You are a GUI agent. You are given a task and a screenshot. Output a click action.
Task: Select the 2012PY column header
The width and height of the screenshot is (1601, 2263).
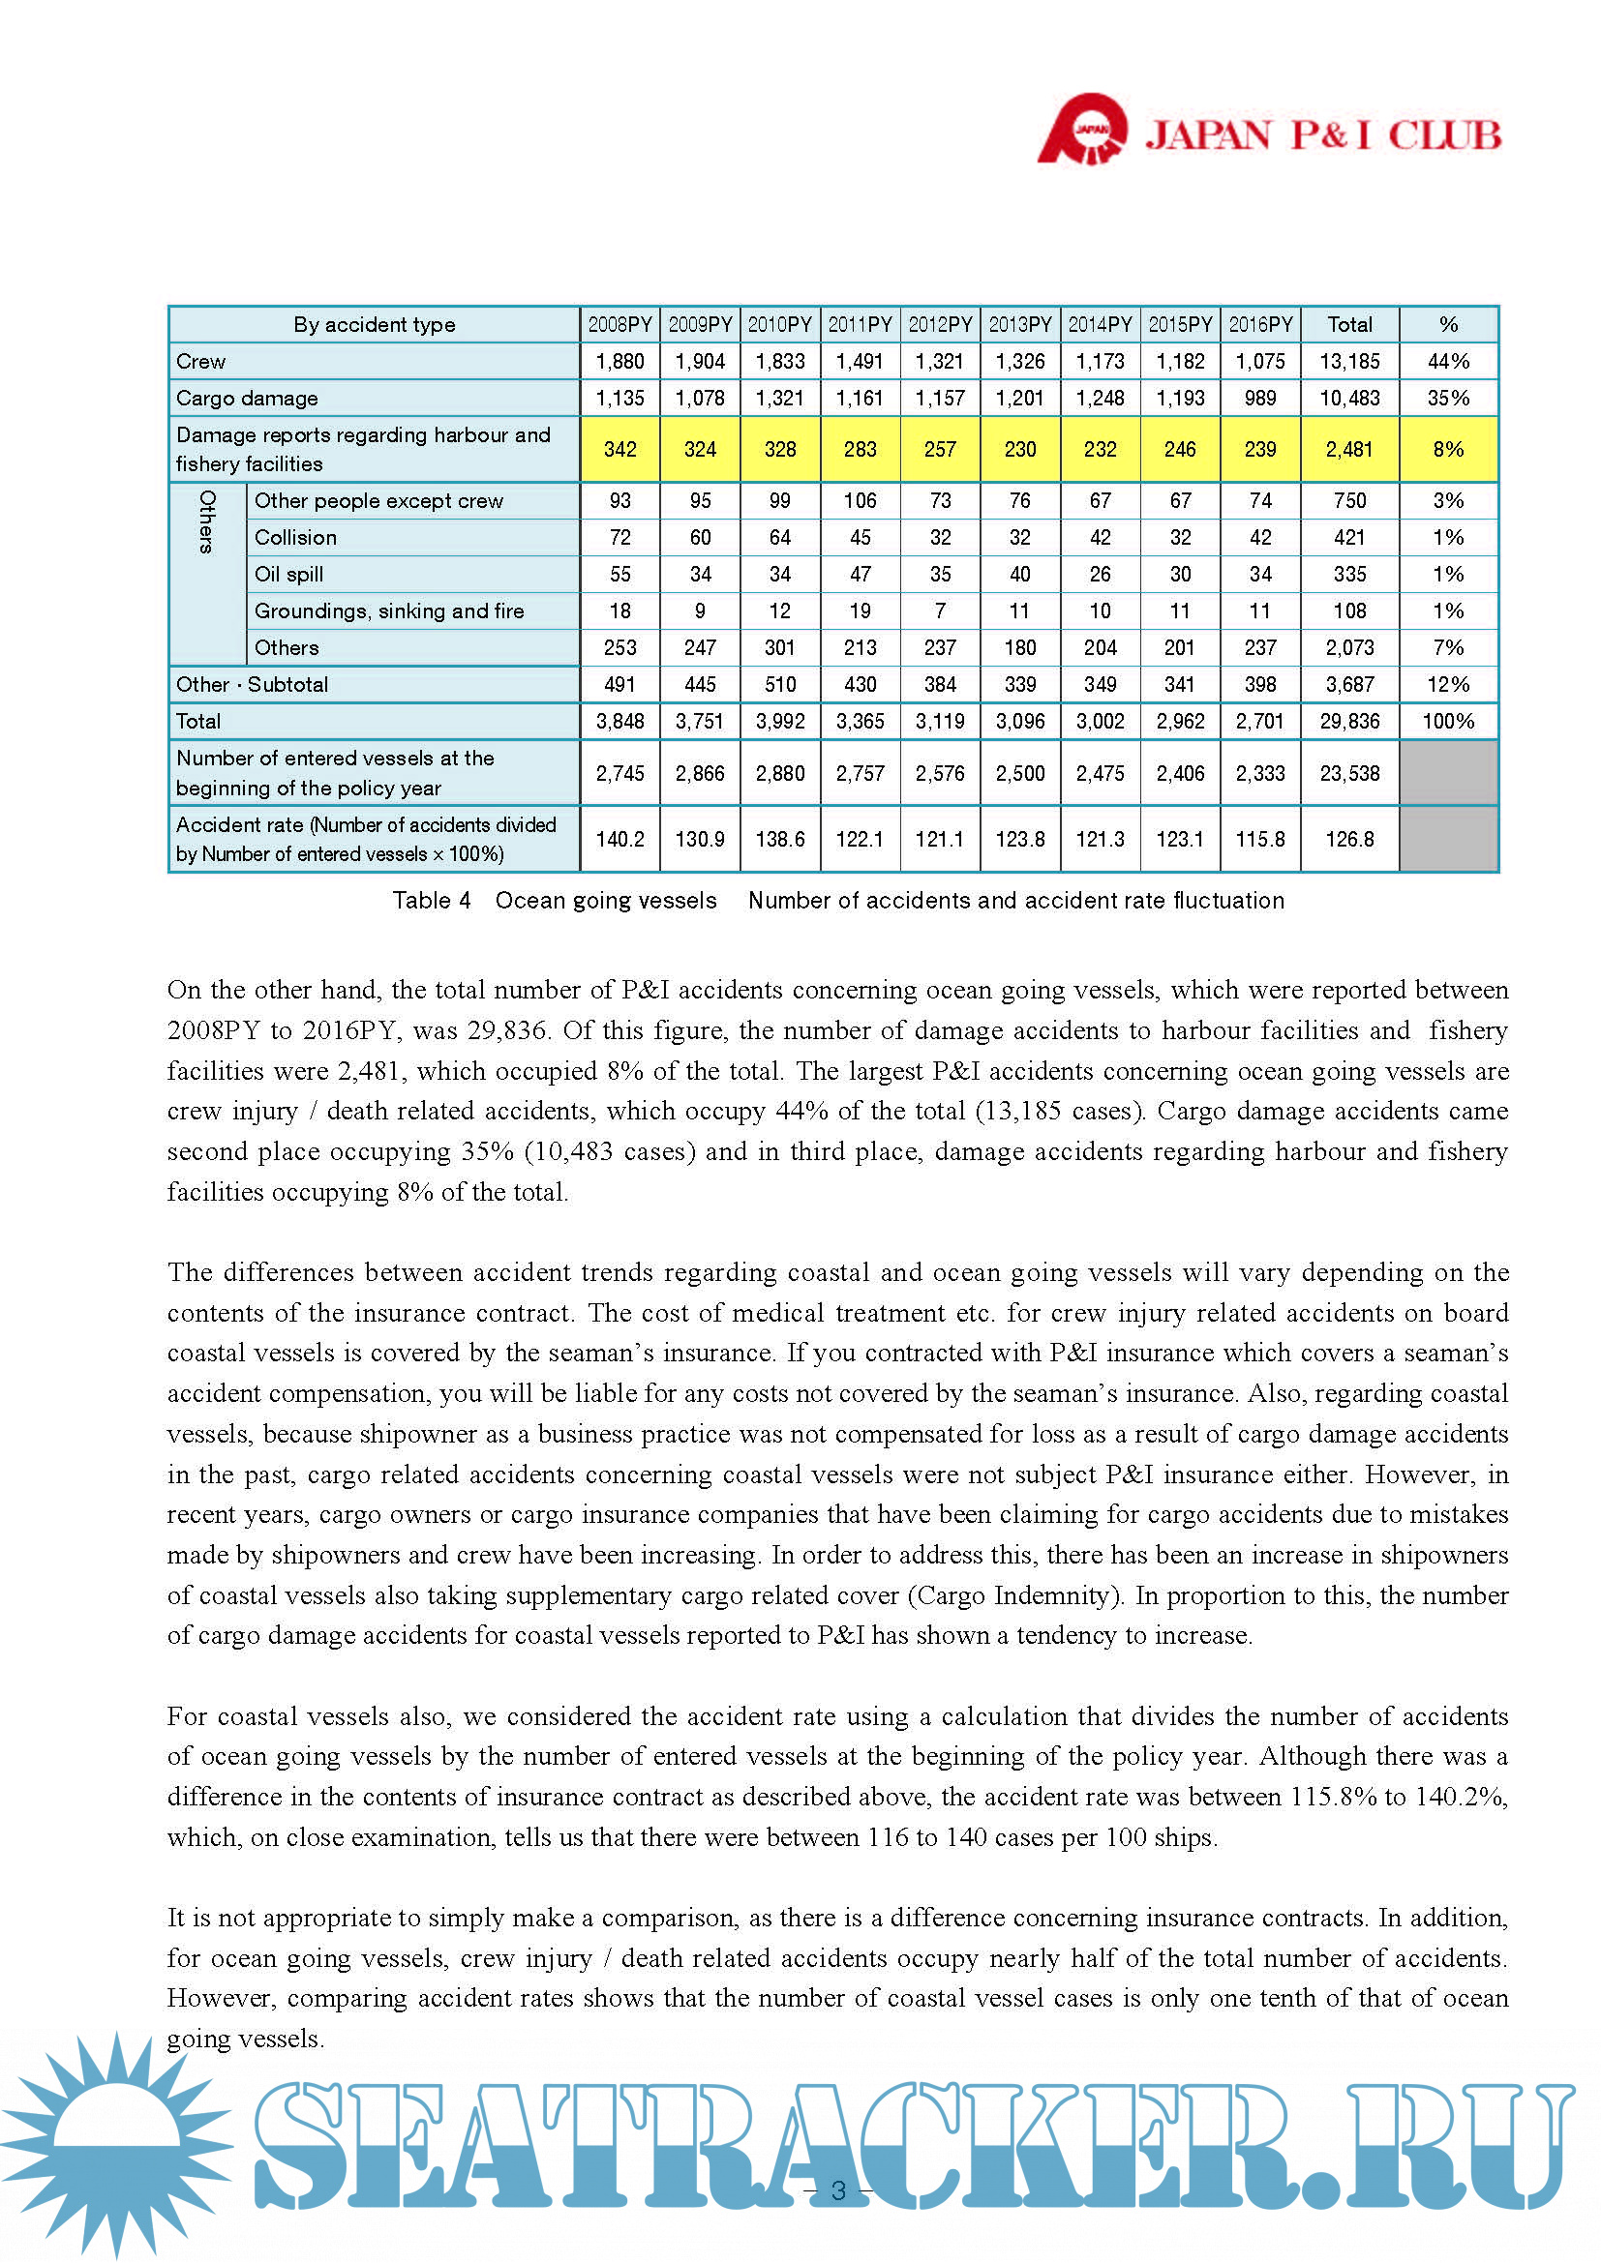[x=940, y=324]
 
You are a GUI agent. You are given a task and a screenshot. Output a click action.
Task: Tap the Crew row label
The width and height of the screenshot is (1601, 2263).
[x=201, y=362]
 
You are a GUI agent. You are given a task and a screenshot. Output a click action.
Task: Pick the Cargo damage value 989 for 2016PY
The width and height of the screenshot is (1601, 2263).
[x=1260, y=399]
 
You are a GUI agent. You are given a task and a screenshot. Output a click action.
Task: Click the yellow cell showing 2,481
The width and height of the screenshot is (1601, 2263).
[x=1348, y=450]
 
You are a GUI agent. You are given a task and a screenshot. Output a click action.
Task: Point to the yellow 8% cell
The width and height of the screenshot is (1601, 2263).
[x=1447, y=450]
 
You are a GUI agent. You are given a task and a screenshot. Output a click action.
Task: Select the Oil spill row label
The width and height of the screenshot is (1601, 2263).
[x=288, y=575]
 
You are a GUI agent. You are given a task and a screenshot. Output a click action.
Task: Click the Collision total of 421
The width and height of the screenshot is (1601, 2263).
[x=1348, y=538]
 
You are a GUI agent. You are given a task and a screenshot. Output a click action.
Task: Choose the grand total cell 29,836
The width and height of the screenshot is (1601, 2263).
[x=1348, y=722]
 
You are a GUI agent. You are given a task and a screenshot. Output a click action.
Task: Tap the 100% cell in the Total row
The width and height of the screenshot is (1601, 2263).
[x=1447, y=722]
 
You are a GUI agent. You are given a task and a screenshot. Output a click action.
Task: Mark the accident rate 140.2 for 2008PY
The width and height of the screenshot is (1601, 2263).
[x=620, y=840]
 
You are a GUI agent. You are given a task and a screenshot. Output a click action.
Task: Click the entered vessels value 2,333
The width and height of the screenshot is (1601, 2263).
[x=1260, y=774]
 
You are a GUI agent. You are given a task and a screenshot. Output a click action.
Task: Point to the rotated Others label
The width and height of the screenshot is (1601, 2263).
[x=207, y=522]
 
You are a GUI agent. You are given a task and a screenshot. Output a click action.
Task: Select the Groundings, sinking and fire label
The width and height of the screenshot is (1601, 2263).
[x=389, y=611]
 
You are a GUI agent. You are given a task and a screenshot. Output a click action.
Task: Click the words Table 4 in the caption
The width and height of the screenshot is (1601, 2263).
[x=432, y=901]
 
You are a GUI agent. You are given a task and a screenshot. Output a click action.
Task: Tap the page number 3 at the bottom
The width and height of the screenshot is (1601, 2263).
[x=839, y=2190]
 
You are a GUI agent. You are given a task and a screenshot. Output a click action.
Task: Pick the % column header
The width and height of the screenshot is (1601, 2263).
[x=1447, y=324]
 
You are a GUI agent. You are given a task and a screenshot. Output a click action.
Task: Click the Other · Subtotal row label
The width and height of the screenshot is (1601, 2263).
[x=253, y=685]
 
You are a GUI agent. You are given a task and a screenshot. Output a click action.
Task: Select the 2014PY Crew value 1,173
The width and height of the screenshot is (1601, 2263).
[x=1100, y=362]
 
